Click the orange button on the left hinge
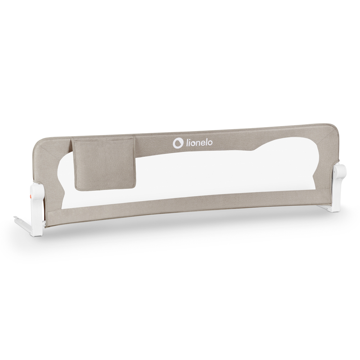tap(30, 196)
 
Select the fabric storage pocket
tap(104, 164)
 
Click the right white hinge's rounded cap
tap(340, 171)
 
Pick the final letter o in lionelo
tap(210, 143)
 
